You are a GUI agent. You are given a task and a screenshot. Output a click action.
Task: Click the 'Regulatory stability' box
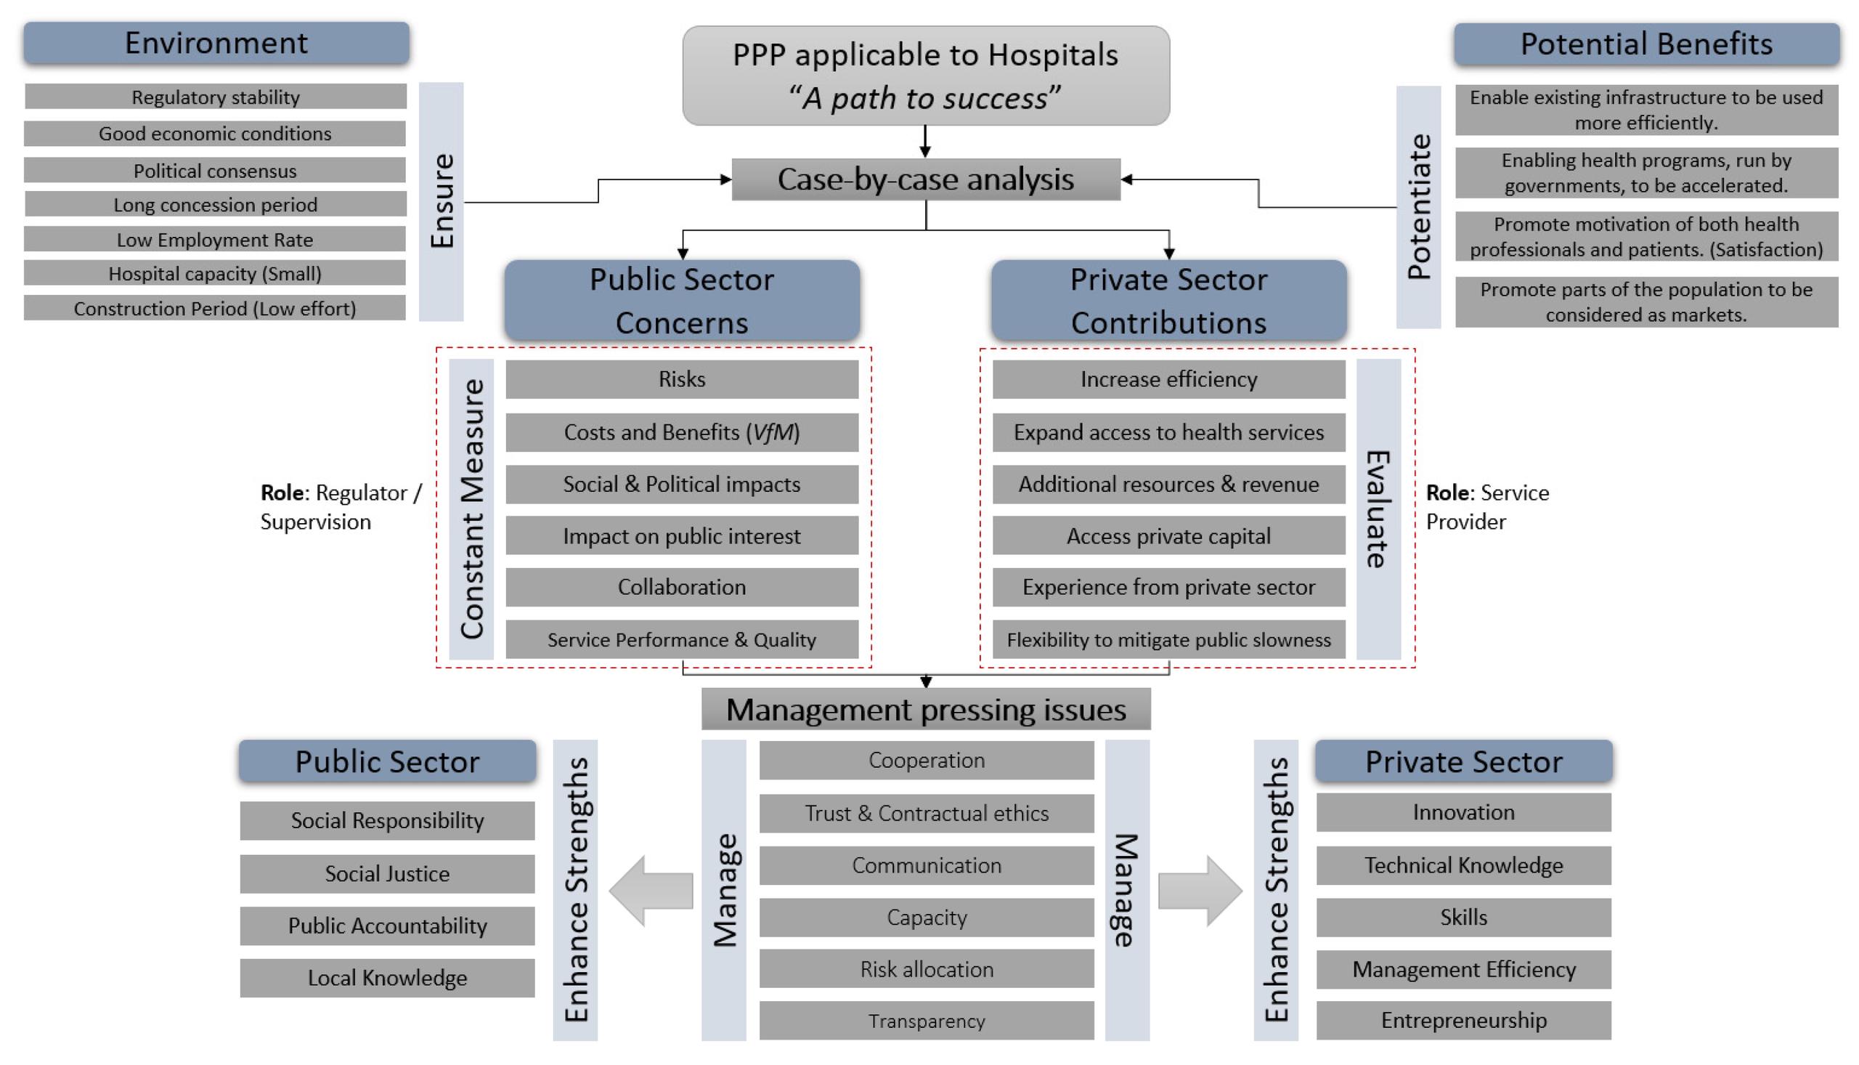(x=215, y=97)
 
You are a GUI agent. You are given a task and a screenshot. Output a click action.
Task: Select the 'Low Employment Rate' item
(x=215, y=239)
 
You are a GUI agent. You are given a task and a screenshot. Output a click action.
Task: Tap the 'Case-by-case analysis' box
(x=925, y=179)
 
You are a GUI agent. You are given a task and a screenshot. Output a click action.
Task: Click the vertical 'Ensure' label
(x=442, y=201)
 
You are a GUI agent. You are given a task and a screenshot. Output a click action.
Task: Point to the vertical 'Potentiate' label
(x=1418, y=207)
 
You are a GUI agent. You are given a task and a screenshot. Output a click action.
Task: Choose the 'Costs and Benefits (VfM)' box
(x=681, y=432)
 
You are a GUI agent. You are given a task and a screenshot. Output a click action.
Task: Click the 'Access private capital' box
(x=1168, y=536)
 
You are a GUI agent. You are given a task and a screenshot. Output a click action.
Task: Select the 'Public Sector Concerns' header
(x=681, y=301)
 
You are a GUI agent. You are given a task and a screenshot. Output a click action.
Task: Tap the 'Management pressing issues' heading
(x=925, y=710)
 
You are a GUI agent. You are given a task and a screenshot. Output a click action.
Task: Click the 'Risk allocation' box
(x=926, y=969)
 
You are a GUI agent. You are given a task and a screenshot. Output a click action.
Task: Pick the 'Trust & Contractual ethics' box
(x=926, y=814)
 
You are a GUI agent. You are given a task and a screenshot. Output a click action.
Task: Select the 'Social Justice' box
(x=387, y=873)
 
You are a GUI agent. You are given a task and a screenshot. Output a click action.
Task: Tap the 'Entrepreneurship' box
(x=1463, y=1021)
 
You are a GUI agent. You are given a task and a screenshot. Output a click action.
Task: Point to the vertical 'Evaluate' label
(x=1378, y=509)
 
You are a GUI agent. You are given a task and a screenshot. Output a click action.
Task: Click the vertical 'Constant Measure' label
(x=471, y=509)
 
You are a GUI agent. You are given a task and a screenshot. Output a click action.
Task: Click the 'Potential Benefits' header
(x=1646, y=44)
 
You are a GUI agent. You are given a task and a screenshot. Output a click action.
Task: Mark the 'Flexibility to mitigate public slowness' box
(x=1168, y=640)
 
